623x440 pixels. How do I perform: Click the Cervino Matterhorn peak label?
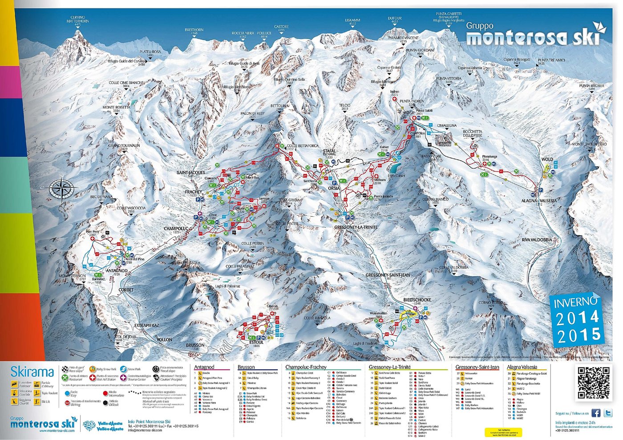pos(78,20)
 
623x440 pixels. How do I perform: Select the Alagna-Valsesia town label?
pos(539,201)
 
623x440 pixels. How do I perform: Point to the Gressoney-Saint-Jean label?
pos(388,275)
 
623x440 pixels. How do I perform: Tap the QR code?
pos(594,383)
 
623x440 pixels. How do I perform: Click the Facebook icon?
pos(596,413)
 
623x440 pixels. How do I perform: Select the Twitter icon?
pos(608,413)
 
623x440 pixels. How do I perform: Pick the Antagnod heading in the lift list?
pos(204,367)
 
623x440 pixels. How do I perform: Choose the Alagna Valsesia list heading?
pos(522,367)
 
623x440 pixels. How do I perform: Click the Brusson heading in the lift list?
pos(246,367)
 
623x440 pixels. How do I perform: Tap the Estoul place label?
pos(257,342)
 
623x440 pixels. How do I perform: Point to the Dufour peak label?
pos(395,20)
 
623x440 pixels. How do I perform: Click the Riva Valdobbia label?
pos(537,240)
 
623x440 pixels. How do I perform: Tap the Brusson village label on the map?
pos(195,345)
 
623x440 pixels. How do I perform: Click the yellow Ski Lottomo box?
pos(503,432)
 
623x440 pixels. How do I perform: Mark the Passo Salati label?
pos(424,110)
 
